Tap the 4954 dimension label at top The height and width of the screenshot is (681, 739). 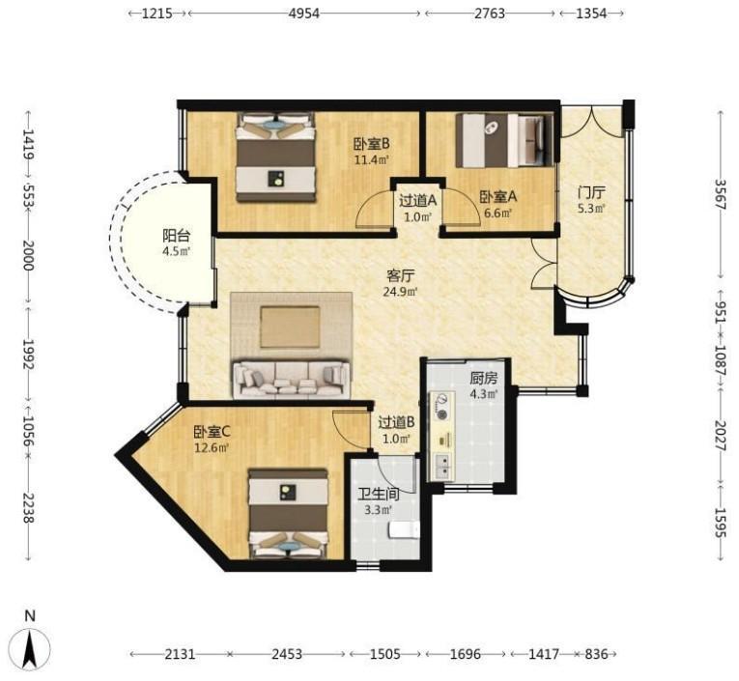coord(304,14)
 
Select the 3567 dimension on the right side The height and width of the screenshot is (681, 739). coord(720,194)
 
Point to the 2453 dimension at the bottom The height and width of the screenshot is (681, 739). coord(287,654)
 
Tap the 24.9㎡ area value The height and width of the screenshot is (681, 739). coord(400,292)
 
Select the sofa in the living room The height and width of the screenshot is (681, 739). coord(291,379)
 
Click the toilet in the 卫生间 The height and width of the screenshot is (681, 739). coord(404,529)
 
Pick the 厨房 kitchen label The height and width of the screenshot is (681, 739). coord(484,379)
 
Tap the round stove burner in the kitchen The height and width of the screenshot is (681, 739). coord(442,414)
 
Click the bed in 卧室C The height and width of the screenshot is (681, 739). coord(288,514)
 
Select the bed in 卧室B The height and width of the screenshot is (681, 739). coord(275,156)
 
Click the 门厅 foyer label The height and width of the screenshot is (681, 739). coord(591,192)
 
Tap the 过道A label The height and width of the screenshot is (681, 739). coord(418,201)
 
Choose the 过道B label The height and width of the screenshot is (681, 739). coord(396,422)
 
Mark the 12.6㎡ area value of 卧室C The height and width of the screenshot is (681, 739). coord(212,447)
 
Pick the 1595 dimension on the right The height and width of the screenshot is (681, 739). coord(720,523)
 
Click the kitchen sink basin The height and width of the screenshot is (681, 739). coord(442,466)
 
